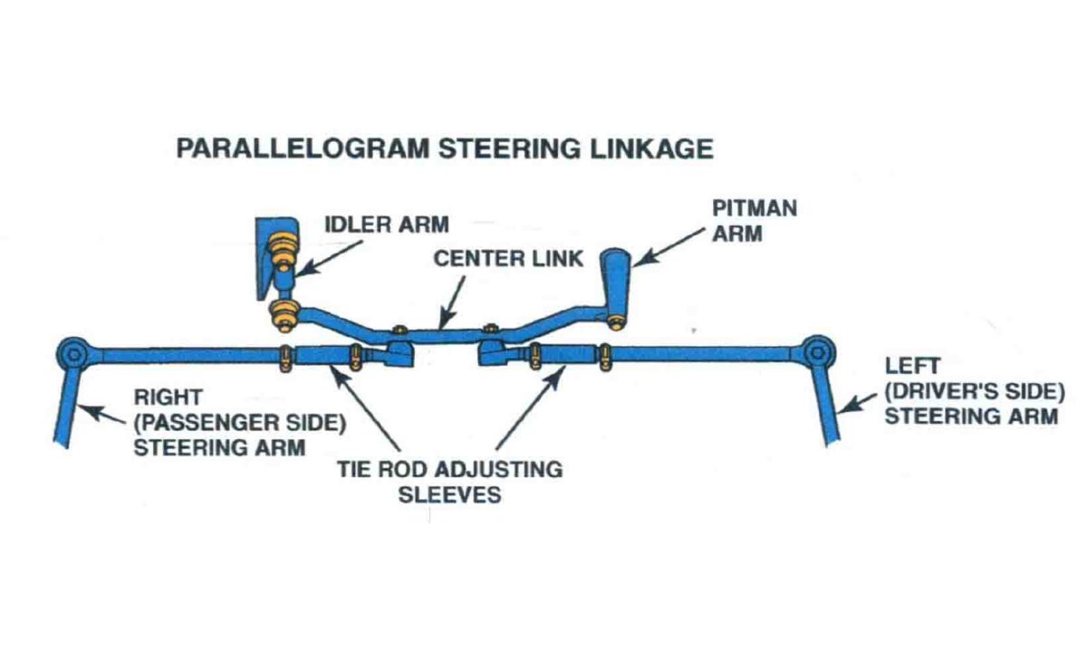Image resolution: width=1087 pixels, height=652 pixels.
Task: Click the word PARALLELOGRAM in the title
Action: (x=300, y=149)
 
